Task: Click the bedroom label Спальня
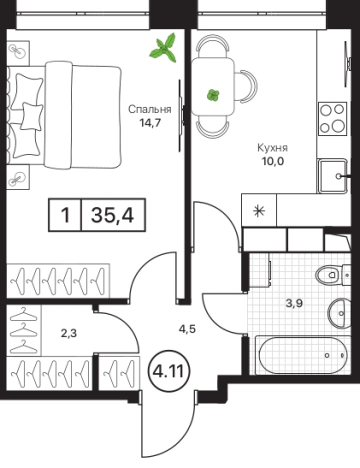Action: [x=150, y=109]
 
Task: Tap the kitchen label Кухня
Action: [x=272, y=148]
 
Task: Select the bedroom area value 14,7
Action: [x=150, y=123]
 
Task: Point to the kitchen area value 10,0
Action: [x=273, y=161]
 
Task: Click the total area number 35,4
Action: [x=113, y=215]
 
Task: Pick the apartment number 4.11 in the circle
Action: [x=168, y=371]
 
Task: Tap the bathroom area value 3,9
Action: [x=295, y=304]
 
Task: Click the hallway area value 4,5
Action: [x=187, y=329]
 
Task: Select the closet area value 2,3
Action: [x=69, y=333]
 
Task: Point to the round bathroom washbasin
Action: [x=339, y=313]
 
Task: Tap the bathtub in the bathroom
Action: [x=303, y=355]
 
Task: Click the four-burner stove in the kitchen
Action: [x=332, y=118]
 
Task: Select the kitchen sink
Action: [x=334, y=176]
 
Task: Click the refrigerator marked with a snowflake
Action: [x=259, y=211]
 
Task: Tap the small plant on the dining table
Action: [x=213, y=95]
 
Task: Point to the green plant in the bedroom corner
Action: [x=164, y=48]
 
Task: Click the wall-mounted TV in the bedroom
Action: [x=180, y=115]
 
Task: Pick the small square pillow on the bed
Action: [x=32, y=116]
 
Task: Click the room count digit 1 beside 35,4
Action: [x=66, y=215]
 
